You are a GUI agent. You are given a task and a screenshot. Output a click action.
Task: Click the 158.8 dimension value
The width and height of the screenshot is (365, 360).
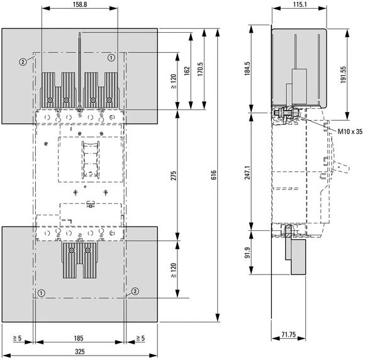(79, 5)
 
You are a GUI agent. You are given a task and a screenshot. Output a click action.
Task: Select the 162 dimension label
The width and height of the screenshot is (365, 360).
(186, 70)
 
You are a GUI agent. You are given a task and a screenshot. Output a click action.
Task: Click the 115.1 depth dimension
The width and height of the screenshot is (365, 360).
(299, 5)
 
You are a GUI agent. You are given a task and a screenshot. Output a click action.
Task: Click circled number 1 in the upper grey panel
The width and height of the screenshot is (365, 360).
(111, 58)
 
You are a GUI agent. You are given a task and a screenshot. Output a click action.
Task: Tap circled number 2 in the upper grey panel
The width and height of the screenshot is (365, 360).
(23, 61)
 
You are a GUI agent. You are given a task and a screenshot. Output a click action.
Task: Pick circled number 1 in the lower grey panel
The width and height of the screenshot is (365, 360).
(41, 293)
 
